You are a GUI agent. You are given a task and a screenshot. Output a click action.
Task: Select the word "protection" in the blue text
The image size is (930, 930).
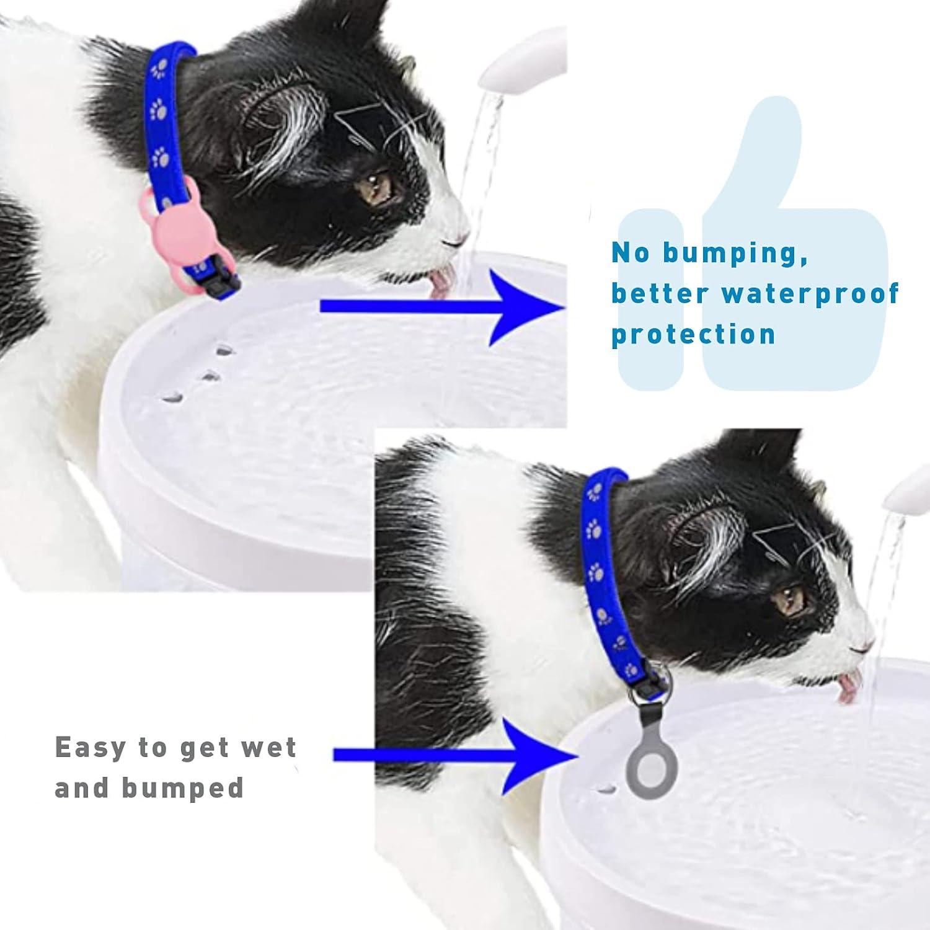[x=693, y=334]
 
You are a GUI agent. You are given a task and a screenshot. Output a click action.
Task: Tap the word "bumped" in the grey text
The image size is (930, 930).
[x=183, y=788]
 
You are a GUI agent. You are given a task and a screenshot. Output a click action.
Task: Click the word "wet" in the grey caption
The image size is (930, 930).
[x=268, y=747]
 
